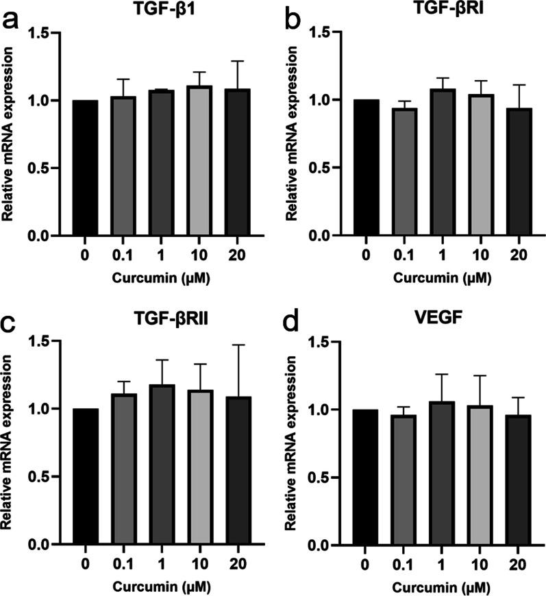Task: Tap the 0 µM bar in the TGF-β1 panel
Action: tap(83, 168)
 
